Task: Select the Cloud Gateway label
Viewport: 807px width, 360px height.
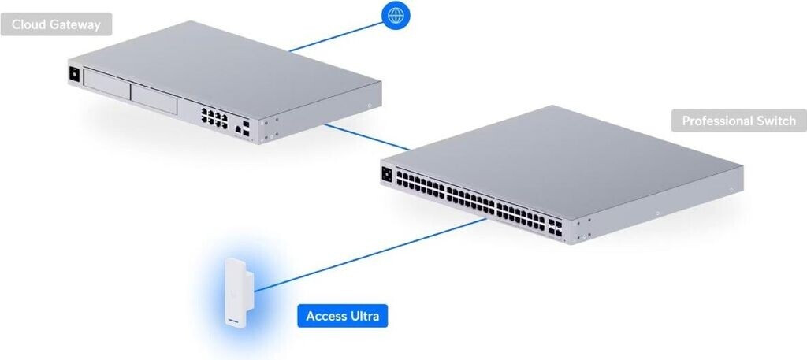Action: point(56,24)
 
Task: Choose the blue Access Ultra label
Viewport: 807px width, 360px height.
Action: point(343,317)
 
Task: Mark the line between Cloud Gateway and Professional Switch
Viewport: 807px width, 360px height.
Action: point(366,135)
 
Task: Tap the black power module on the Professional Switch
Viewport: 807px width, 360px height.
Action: point(387,174)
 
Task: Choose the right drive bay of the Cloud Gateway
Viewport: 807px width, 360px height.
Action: point(157,97)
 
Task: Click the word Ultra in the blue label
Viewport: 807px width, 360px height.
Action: point(364,317)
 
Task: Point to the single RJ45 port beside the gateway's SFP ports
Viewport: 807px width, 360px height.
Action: point(236,126)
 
